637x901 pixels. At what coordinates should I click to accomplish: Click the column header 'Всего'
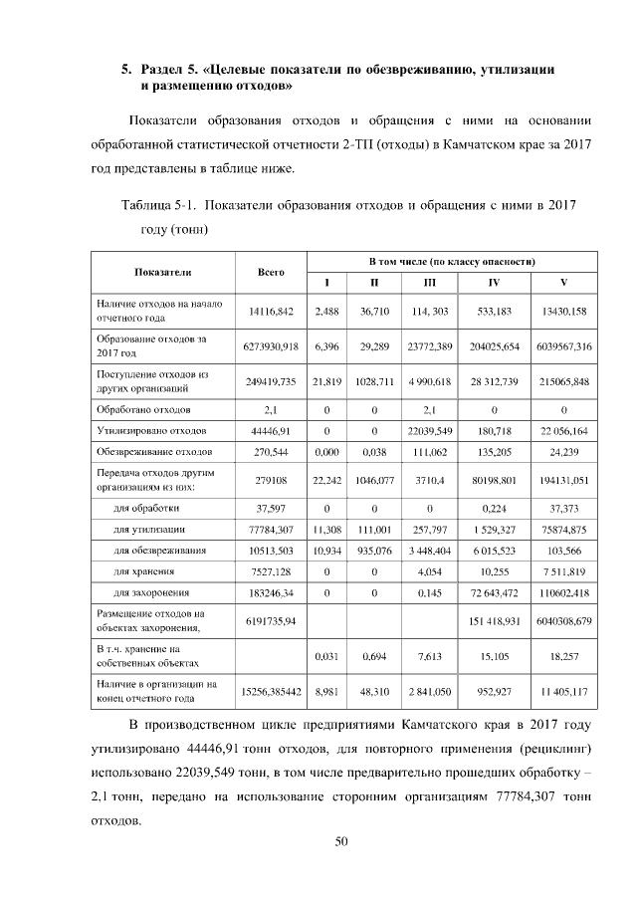[x=271, y=272]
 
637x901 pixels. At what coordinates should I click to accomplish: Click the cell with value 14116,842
[x=271, y=312]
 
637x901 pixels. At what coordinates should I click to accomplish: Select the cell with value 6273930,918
[x=271, y=345]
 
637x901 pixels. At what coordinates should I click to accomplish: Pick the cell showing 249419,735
[x=271, y=380]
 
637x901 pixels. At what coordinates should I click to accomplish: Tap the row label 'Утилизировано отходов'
[x=151, y=431]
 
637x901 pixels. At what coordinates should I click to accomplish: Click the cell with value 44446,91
[x=271, y=431]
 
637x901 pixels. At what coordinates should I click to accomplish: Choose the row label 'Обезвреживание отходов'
[x=153, y=453]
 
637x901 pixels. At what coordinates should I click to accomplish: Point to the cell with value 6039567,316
[x=564, y=345]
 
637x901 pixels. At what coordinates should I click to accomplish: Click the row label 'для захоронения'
[x=152, y=593]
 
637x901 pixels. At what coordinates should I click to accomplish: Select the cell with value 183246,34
[x=271, y=593]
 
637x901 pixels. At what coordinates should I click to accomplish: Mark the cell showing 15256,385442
[x=271, y=689]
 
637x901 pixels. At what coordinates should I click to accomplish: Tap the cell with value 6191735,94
[x=271, y=621]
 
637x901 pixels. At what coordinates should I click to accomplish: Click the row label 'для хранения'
[x=145, y=571]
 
